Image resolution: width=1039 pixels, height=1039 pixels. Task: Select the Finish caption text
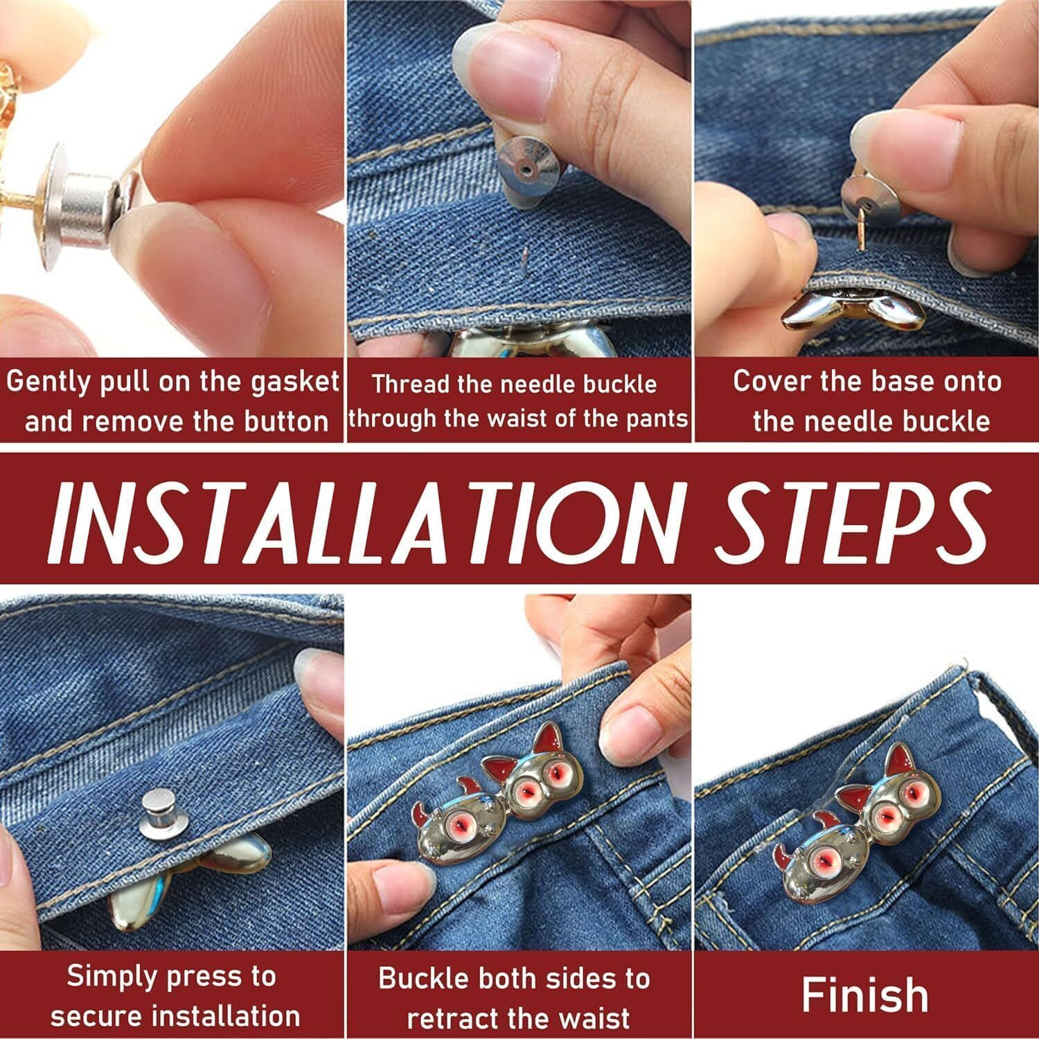(864, 995)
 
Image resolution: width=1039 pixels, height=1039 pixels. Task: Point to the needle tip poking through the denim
(524, 263)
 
